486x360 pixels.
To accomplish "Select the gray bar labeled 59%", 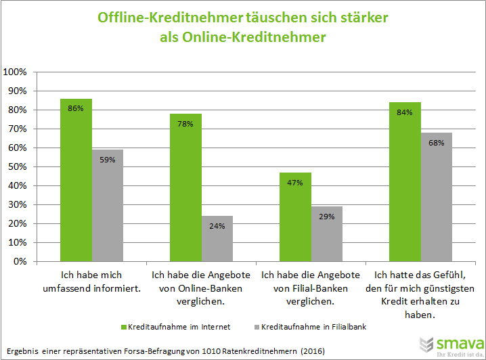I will [x=108, y=206].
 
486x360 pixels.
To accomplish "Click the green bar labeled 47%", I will [x=295, y=217].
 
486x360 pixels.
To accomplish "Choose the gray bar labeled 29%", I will [x=327, y=233].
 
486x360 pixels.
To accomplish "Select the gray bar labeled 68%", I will [x=437, y=197].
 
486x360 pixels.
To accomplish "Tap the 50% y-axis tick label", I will [x=16, y=166].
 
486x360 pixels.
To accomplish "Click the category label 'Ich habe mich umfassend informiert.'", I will [x=100, y=281].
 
